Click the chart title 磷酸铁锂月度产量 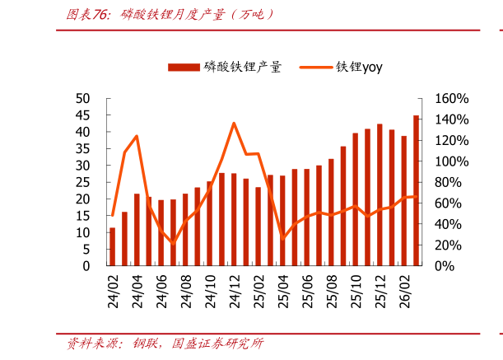coord(173,15)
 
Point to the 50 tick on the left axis coord(83,99)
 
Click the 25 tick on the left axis coord(83,182)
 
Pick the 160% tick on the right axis coord(452,99)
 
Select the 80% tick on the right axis coord(448,182)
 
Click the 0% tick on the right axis coord(445,266)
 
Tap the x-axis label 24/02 coord(113,292)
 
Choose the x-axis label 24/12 coord(235,292)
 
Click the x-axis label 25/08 coord(332,292)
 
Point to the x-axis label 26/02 coord(405,292)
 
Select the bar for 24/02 coord(112,246)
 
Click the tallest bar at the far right coord(416,190)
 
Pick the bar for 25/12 coord(380,194)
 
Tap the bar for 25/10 coord(356,199)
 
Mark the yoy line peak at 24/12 coord(234,124)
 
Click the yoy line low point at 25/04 coord(282,239)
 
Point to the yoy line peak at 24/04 coord(137,136)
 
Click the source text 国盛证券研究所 coord(217,344)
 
